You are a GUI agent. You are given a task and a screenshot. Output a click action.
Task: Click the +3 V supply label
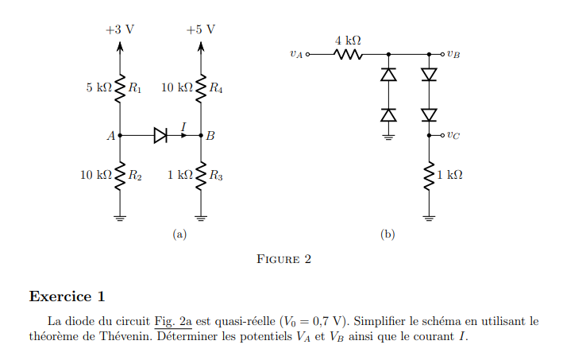click(x=120, y=29)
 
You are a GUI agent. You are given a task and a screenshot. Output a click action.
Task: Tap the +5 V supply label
click(x=200, y=29)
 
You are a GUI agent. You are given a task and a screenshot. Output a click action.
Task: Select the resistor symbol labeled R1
click(x=120, y=88)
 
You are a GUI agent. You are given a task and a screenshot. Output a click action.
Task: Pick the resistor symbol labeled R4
click(x=201, y=88)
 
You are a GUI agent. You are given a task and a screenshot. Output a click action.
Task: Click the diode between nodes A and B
click(x=160, y=136)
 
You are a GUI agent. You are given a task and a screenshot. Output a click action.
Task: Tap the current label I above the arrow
click(x=183, y=126)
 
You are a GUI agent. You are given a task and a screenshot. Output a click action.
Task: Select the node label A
click(x=110, y=136)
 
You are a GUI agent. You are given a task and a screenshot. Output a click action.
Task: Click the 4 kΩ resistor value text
click(x=348, y=40)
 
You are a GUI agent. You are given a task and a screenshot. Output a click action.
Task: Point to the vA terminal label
click(x=296, y=55)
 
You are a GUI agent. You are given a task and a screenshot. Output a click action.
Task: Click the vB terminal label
click(x=453, y=55)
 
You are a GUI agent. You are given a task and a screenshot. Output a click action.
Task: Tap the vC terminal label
click(x=453, y=135)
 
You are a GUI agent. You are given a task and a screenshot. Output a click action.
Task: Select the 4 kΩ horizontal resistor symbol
click(x=349, y=55)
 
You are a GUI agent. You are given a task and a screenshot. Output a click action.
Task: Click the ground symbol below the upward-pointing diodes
click(x=388, y=136)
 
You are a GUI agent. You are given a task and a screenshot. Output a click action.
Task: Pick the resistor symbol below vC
click(x=430, y=176)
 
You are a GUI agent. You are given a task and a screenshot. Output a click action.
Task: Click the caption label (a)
click(x=179, y=234)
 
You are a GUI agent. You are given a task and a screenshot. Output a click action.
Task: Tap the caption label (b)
click(x=388, y=234)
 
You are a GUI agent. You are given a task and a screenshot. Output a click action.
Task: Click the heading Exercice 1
click(x=67, y=297)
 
